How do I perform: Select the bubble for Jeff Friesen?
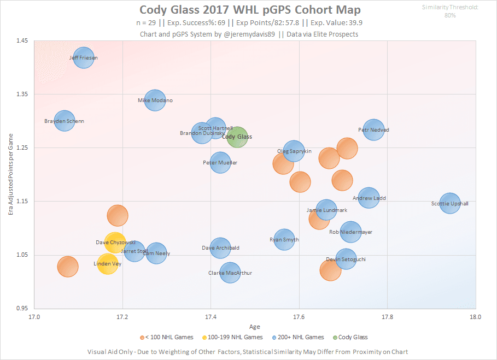84,57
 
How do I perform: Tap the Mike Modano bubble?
155,101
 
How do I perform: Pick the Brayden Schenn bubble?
65,121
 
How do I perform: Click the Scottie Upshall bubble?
450,204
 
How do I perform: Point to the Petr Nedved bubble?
374,130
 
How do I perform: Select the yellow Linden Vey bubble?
108,264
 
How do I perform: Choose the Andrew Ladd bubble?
369,198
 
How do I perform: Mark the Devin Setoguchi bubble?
346,259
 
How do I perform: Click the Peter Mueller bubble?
220,163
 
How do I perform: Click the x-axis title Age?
255,327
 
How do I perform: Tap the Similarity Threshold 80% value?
450,15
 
